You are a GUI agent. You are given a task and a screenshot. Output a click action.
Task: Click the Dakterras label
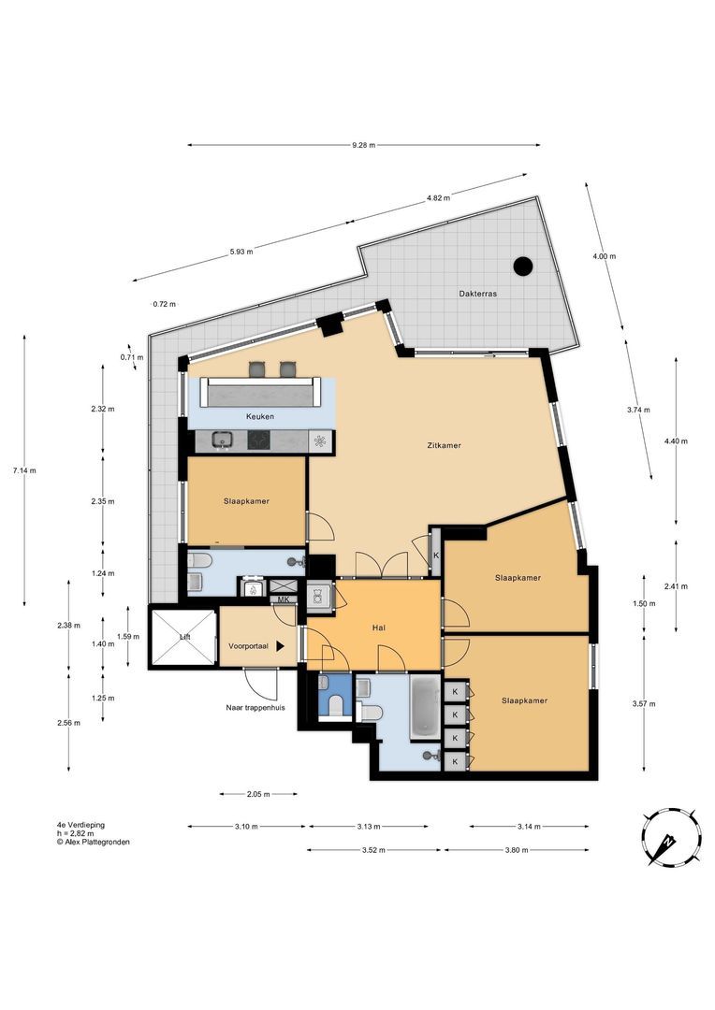coord(477,294)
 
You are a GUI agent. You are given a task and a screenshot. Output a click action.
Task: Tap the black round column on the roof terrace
coord(523,266)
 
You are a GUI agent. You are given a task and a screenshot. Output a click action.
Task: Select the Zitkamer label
coord(445,445)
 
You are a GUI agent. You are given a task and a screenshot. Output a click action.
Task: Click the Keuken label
coord(260,416)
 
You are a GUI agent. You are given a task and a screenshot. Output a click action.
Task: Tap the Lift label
coord(185,637)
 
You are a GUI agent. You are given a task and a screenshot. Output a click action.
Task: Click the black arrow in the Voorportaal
coord(281,645)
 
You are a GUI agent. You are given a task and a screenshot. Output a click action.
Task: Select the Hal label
coord(379,628)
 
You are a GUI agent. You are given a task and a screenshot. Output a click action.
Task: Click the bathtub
coord(426,707)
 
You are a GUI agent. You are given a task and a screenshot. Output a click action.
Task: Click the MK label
coord(283,599)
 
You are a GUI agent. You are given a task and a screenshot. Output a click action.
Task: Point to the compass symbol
coord(672,835)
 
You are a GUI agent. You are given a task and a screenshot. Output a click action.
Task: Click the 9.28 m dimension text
coord(363,145)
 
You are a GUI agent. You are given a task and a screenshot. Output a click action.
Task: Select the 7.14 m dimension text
coord(24,470)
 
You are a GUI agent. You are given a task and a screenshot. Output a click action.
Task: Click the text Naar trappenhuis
coord(255,707)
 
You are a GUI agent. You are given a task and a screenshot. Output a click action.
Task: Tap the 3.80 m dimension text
coord(517,850)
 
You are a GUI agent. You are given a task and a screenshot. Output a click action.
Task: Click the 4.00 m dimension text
coord(605,255)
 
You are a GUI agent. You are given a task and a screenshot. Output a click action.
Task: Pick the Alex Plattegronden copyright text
coord(93,842)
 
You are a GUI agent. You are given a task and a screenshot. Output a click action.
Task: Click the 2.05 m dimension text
coord(258,794)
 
